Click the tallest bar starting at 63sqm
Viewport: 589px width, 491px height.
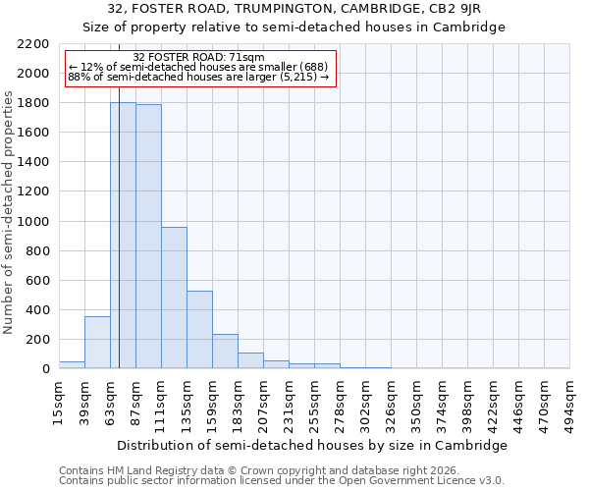pyautogui.click(x=123, y=236)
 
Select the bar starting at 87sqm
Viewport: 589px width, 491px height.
pyautogui.click(x=148, y=236)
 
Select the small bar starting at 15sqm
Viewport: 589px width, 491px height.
pyautogui.click(x=72, y=364)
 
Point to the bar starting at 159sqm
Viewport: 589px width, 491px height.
pyautogui.click(x=225, y=351)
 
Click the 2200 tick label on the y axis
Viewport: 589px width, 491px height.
pyautogui.click(x=33, y=44)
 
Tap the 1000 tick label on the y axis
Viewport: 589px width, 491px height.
pyautogui.click(x=33, y=222)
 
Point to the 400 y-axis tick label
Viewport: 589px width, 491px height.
pyautogui.click(x=37, y=310)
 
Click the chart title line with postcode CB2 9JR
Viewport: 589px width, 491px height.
pyautogui.click(x=294, y=9)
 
